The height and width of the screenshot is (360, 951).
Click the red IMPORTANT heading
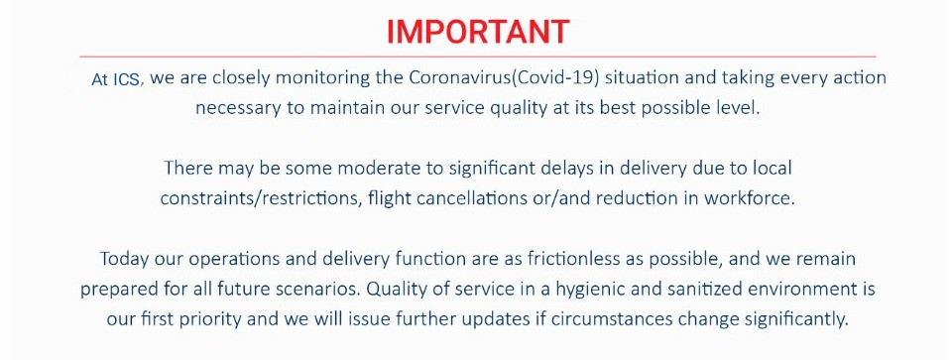[x=478, y=32]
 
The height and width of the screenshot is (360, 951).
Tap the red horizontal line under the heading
[x=478, y=57]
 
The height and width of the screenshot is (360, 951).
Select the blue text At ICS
[x=116, y=79]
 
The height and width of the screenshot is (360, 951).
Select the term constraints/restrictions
[x=260, y=198]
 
